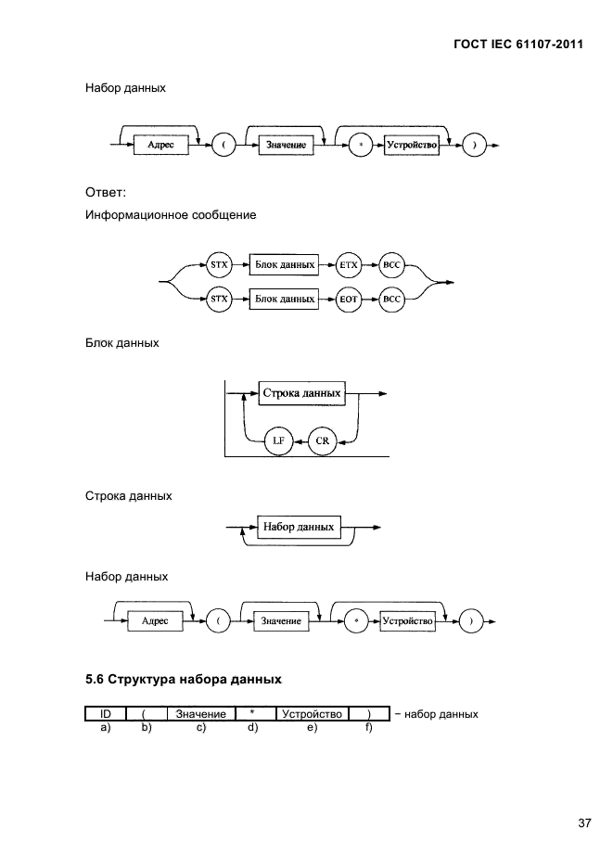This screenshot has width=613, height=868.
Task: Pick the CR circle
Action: [322, 441]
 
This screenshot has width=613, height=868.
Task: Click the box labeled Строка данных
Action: [302, 393]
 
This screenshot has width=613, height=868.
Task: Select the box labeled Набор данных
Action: [299, 527]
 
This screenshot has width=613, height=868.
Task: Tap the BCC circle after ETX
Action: [392, 264]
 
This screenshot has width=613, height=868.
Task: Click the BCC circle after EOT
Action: [392, 300]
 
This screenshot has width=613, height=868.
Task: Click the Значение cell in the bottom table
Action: [200, 714]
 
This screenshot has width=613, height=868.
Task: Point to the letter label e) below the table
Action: [312, 728]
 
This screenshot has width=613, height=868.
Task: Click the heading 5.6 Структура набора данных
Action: [183, 679]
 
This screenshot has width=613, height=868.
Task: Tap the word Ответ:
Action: [105, 193]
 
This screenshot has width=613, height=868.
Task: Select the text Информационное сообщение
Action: [171, 214]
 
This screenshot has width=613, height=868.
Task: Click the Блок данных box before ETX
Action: [285, 264]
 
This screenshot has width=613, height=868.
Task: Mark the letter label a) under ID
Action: [105, 728]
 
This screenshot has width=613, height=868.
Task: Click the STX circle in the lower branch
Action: [219, 300]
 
